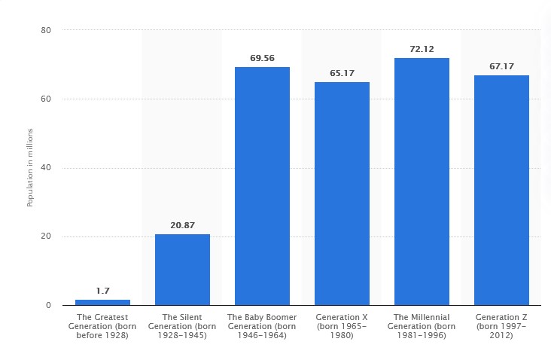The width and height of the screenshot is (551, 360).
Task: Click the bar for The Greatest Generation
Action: point(102,302)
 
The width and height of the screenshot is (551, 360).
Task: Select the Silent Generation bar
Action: point(182,270)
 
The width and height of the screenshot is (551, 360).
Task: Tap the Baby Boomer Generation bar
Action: point(262,186)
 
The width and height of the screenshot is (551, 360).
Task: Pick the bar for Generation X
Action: point(342,194)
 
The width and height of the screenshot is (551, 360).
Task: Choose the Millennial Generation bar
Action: point(422,182)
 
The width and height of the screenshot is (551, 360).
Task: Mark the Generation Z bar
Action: point(501,190)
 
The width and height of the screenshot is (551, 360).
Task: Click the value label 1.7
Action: point(102,290)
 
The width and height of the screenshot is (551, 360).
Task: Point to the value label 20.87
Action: point(182,224)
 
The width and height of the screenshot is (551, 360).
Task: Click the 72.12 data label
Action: point(422,49)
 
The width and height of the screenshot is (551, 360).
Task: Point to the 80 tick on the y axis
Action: point(46,30)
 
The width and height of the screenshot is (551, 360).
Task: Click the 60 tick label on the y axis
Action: point(46,99)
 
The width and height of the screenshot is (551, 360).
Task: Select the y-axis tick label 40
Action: point(46,168)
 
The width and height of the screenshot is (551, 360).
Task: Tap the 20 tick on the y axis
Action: point(46,236)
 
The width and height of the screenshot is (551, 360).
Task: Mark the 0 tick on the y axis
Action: point(48,305)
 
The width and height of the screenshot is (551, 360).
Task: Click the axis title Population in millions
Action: point(30,168)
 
